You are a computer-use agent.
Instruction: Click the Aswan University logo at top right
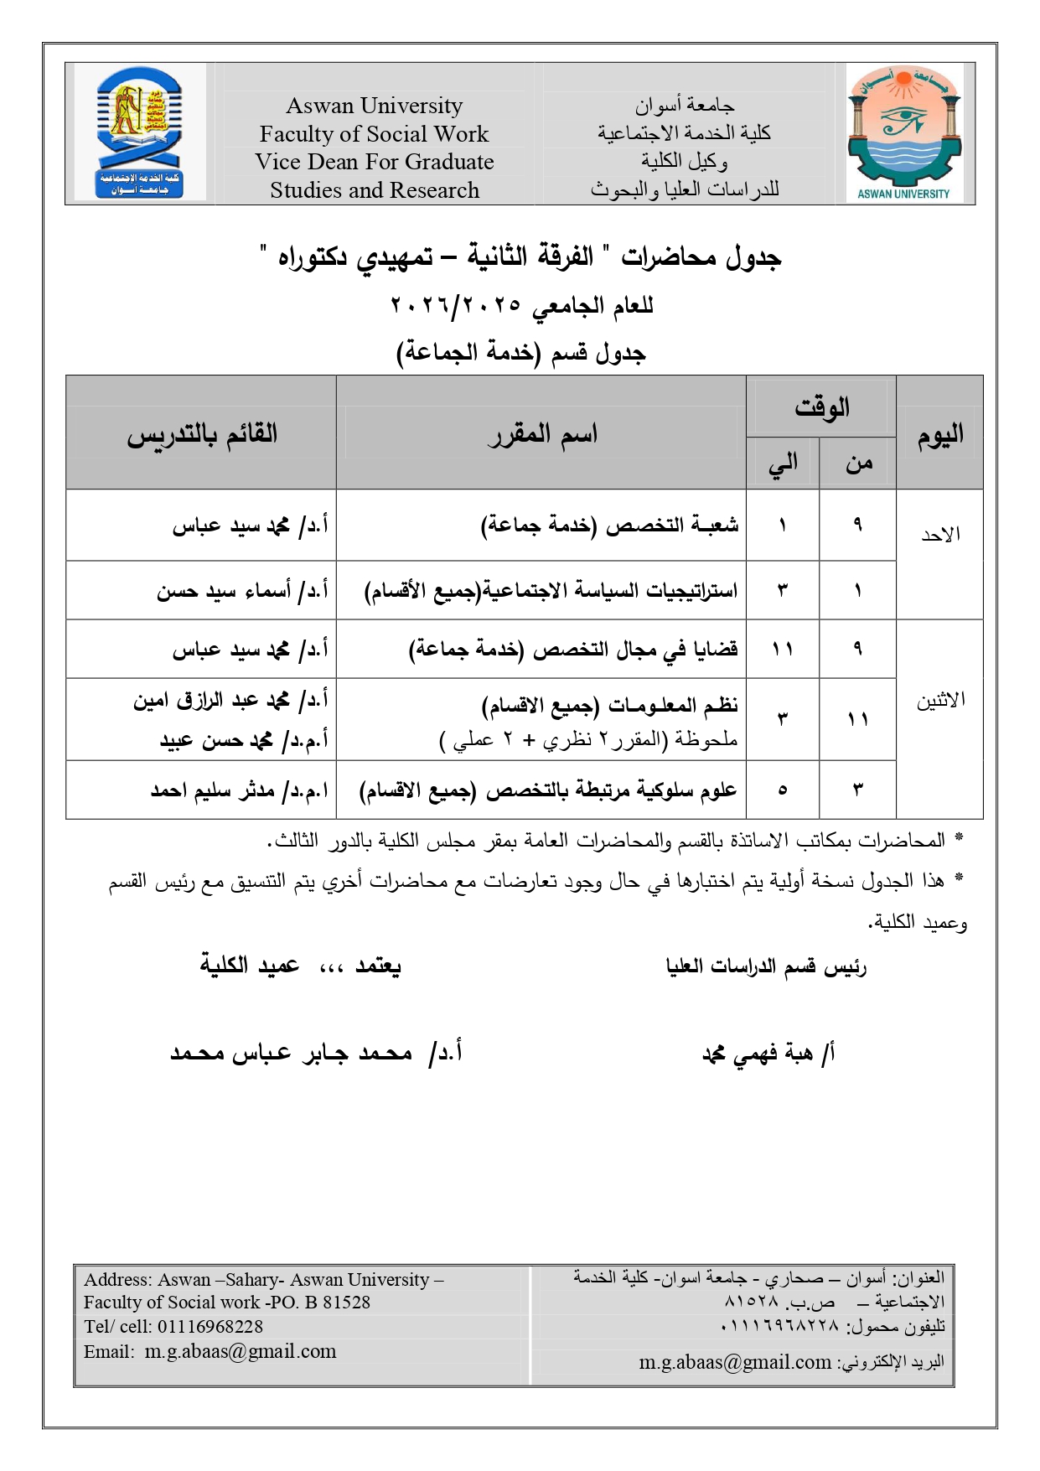pyautogui.click(x=903, y=134)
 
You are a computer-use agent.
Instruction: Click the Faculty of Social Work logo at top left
pyautogui.click(x=139, y=134)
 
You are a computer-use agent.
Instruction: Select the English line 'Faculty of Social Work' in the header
pyautogui.click(x=374, y=134)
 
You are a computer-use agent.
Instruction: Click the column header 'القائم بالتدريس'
pyautogui.click(x=202, y=434)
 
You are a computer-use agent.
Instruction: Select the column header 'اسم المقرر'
pyautogui.click(x=542, y=434)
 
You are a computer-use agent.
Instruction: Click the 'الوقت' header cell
pyautogui.click(x=821, y=408)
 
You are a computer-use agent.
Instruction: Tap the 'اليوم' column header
pyautogui.click(x=939, y=434)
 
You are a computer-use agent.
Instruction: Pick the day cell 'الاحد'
pyautogui.click(x=940, y=535)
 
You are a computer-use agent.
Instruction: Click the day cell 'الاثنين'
pyautogui.click(x=940, y=701)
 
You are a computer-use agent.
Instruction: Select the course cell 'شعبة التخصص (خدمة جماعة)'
pyautogui.click(x=609, y=526)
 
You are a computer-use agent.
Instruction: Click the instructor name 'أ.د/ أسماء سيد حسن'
pyautogui.click(x=242, y=591)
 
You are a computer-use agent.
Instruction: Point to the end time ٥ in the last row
pyautogui.click(x=783, y=790)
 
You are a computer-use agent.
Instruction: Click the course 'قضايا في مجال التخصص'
pyautogui.click(x=573, y=650)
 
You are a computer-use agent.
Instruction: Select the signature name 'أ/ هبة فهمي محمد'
pyautogui.click(x=768, y=1054)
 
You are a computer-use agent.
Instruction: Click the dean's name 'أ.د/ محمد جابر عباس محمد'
pyautogui.click(x=316, y=1053)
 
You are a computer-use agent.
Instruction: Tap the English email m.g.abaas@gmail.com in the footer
pyautogui.click(x=241, y=1351)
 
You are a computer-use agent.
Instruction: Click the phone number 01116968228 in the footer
pyautogui.click(x=210, y=1327)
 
